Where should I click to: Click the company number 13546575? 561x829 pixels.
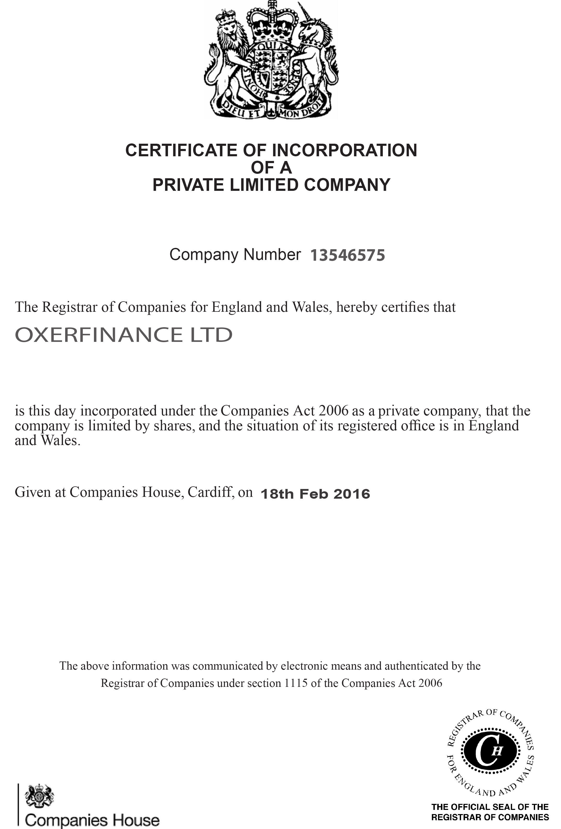pyautogui.click(x=347, y=255)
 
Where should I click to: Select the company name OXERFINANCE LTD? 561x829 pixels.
pyautogui.click(x=124, y=335)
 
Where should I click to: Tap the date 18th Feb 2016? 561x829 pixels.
pyautogui.click(x=315, y=494)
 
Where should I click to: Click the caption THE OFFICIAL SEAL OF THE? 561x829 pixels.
pyautogui.click(x=490, y=807)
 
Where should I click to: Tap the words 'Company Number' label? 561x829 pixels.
pyautogui.click(x=235, y=255)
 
